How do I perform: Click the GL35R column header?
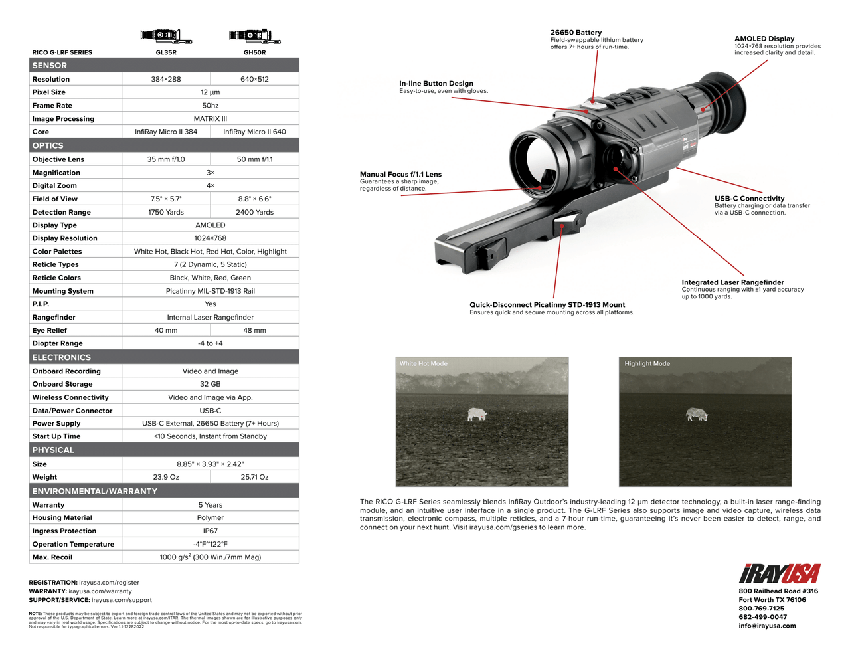166,52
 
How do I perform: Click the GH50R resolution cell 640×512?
254,79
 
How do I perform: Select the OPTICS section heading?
48,145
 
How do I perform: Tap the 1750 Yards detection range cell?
166,212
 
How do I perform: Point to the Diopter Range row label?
58,343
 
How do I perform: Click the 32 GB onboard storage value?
210,384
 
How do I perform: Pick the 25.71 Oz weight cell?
254,477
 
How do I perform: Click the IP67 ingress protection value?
210,531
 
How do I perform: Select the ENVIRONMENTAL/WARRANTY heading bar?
95,491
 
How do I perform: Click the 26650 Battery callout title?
576,32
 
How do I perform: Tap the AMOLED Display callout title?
764,39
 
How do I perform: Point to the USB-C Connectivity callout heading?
749,198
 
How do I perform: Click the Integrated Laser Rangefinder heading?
732,282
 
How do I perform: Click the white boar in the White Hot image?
477,415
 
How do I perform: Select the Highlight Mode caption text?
647,363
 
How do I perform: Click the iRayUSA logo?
779,574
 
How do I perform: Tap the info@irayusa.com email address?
767,626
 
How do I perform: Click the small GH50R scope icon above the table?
254,36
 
